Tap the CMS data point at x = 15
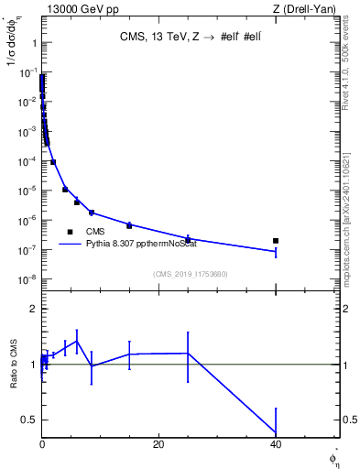129,225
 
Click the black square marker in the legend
70,232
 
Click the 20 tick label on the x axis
158,444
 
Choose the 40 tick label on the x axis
275,444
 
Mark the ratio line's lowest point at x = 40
276,433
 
